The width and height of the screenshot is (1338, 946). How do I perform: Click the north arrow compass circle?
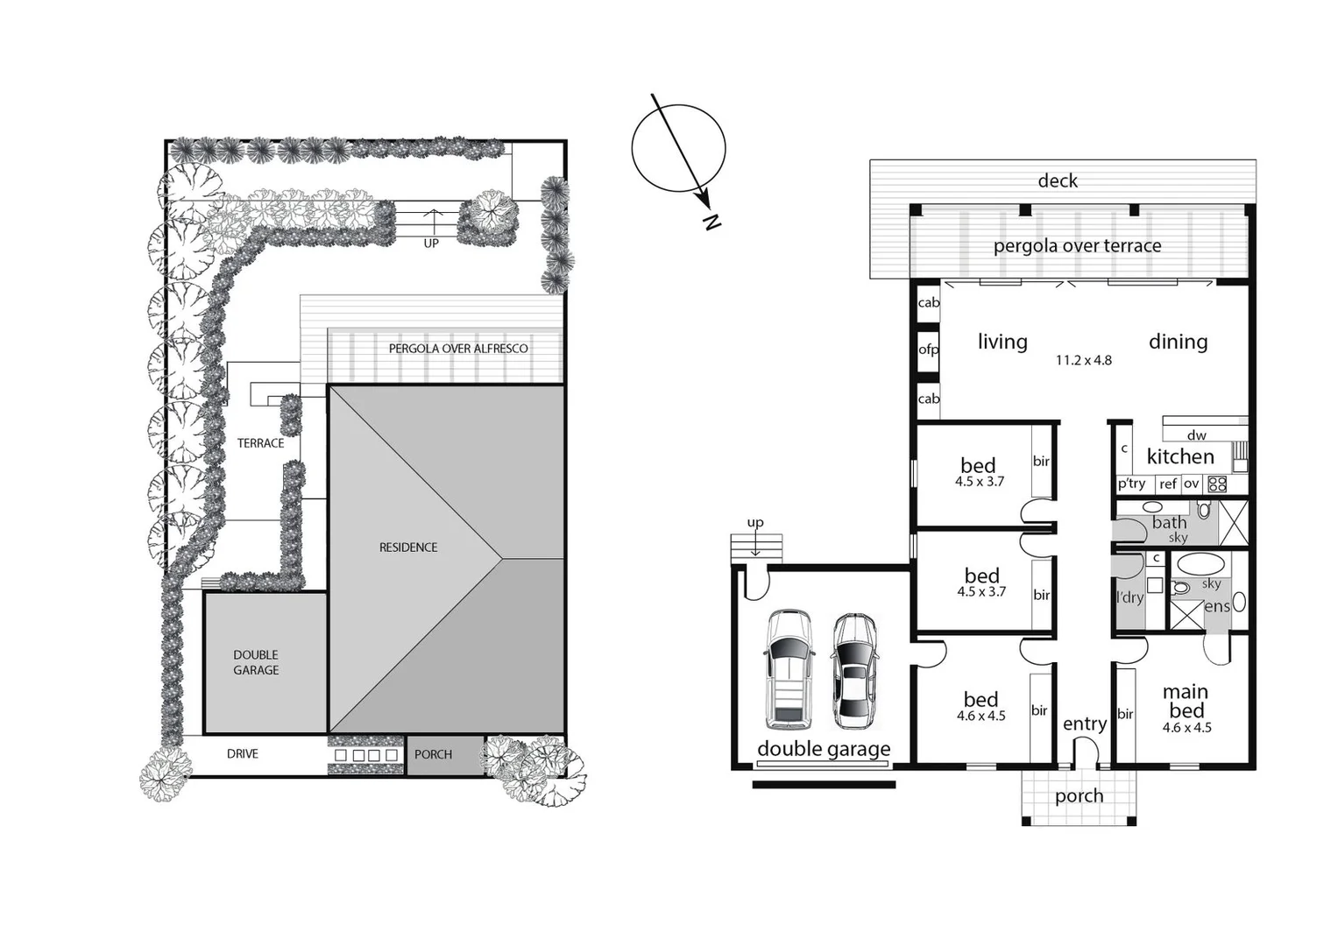678,148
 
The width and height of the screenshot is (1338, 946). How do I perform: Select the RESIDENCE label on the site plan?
408,547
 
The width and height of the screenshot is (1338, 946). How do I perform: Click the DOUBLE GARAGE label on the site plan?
256,662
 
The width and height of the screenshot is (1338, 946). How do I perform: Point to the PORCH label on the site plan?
433,754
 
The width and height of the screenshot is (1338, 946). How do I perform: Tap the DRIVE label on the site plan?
243,753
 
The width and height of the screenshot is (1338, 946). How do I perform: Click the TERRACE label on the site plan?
260,443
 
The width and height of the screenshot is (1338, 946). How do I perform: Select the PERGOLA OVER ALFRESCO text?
458,349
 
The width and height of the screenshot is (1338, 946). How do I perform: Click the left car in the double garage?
789,669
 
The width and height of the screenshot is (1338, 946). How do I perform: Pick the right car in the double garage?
854,672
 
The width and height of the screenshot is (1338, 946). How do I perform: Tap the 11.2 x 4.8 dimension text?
1083,360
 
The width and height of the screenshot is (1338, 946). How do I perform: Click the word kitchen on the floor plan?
1180,456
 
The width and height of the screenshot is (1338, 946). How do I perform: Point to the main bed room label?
1186,702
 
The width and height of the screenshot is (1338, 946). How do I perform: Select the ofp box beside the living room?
928,349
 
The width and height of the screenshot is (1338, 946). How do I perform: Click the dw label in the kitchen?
1196,435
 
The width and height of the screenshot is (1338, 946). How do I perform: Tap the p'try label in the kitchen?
1131,484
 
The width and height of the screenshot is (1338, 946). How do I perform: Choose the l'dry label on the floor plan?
1129,597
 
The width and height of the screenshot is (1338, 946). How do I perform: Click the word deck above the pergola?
1058,180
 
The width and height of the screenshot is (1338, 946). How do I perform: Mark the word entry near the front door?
1084,724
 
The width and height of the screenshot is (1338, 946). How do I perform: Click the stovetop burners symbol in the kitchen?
1217,484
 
